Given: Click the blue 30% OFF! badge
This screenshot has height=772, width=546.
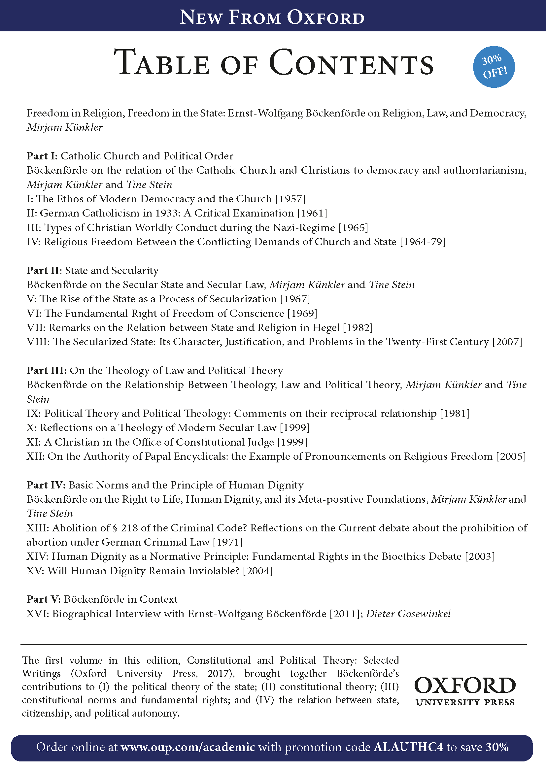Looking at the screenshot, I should point(494,67).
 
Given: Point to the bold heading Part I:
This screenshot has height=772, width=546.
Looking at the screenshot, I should point(42,156).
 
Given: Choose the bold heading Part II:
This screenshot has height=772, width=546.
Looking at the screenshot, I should point(44,271).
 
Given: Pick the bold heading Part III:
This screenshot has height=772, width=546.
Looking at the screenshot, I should point(47,371).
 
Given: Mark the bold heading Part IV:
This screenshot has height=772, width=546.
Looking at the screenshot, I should point(46,485).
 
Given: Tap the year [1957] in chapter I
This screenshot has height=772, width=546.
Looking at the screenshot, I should point(290,199).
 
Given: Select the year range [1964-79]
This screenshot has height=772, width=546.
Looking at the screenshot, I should point(422,242).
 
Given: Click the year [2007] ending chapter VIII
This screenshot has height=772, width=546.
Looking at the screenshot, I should point(507,342).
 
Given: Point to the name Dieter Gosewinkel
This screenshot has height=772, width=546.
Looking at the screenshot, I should point(408,614).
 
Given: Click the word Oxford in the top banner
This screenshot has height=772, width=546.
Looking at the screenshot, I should point(325,17).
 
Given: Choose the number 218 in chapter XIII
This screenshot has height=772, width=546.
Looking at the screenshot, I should point(129,528).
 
